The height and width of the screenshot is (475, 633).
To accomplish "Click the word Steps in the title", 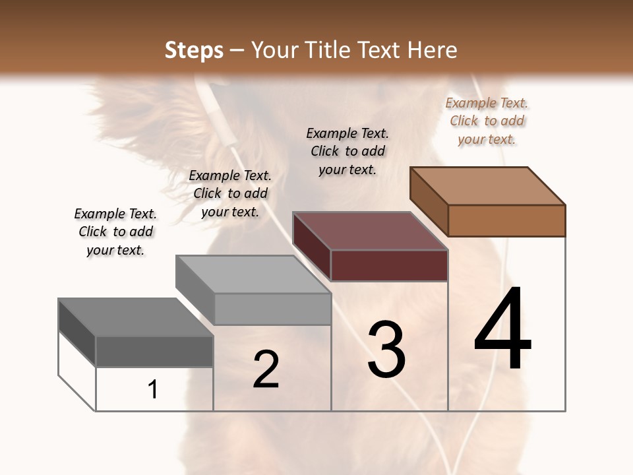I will click(194, 50).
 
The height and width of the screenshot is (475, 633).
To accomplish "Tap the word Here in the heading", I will click(433, 50).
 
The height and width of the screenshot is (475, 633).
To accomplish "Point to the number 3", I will click(386, 350).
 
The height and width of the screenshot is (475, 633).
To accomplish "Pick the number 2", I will click(266, 369).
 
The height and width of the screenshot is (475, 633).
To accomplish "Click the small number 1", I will click(153, 389).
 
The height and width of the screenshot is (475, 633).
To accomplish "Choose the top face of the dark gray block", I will click(136, 317).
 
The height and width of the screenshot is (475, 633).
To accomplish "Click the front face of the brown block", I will click(506, 220).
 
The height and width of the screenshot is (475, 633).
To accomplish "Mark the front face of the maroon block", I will click(389, 265).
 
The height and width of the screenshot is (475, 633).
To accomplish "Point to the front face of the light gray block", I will click(272, 309).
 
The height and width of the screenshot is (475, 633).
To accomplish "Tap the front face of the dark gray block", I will click(154, 351).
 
